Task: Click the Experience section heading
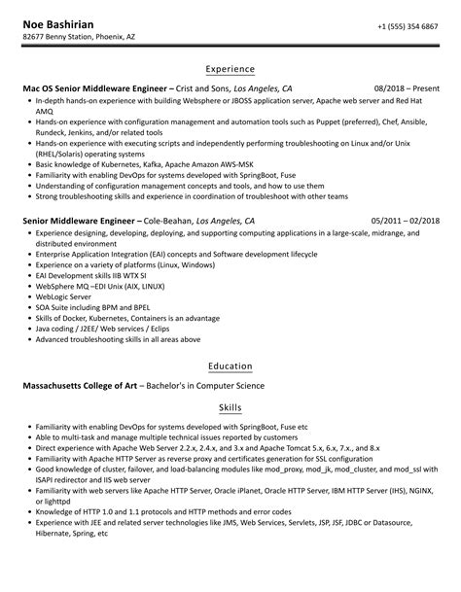(230, 69)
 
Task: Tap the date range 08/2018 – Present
(406, 87)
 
